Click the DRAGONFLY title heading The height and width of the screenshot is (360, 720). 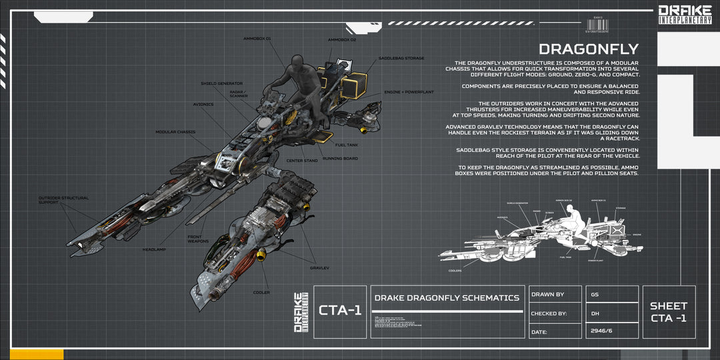(588, 49)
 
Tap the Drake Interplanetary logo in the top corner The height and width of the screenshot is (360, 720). (685, 14)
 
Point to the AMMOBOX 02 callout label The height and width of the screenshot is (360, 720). (342, 39)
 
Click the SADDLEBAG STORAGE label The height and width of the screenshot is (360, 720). (401, 59)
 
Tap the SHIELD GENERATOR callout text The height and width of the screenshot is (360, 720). (221, 83)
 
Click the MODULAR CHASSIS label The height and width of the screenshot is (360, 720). (175, 132)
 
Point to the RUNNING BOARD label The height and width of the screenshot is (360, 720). (340, 159)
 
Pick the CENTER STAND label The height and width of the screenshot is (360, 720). (301, 161)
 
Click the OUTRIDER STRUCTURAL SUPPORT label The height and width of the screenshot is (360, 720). (63, 200)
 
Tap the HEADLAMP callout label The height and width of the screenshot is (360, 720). (154, 249)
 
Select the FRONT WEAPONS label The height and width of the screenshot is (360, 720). (198, 239)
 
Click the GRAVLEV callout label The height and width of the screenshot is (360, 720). (319, 268)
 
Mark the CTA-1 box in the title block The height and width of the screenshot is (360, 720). (340, 311)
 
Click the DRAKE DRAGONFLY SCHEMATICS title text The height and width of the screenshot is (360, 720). (447, 298)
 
